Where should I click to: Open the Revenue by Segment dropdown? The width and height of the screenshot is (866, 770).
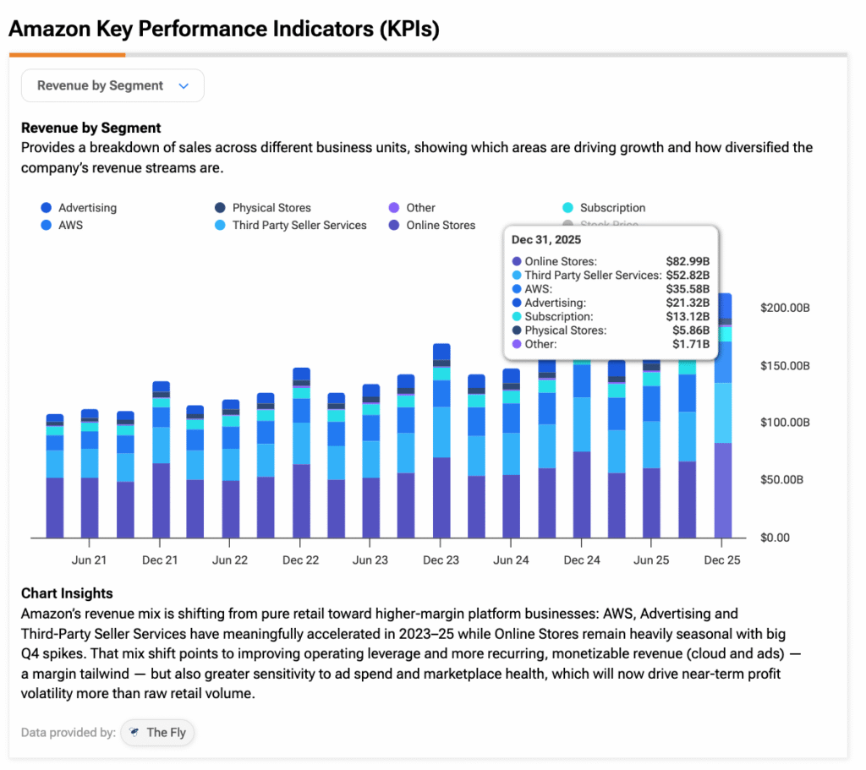pos(112,85)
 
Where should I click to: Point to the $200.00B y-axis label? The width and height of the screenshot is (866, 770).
pos(786,309)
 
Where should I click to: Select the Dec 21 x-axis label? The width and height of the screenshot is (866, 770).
pos(160,560)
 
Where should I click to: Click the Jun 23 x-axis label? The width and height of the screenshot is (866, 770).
pos(370,560)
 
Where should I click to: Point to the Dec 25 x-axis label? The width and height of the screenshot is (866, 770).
pos(721,560)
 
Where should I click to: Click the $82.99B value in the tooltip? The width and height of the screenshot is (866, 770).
pos(688,261)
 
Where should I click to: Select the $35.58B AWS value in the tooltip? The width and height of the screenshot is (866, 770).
pos(688,289)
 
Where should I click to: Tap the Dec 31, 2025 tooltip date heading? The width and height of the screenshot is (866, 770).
pos(545,240)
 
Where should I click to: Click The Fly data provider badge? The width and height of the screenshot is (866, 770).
pos(158,733)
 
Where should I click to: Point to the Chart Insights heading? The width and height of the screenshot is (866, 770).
pos(67,593)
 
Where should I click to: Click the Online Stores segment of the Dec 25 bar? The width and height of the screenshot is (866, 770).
pos(723,490)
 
